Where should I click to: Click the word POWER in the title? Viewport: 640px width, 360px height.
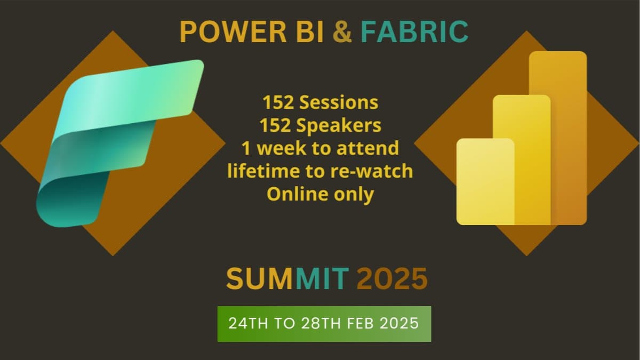coord(233,31)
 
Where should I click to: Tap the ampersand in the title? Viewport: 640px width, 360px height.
coord(342,31)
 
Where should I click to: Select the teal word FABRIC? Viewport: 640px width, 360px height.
coord(414,31)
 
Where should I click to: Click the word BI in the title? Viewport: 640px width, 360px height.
coord(310,31)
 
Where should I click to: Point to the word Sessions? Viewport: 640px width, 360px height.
coord(339,102)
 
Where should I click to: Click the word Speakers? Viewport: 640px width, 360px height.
coord(339,125)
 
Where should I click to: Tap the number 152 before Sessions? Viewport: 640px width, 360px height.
coord(278,102)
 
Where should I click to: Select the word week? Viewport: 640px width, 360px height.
coord(282,148)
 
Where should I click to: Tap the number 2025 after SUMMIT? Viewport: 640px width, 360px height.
coord(392,278)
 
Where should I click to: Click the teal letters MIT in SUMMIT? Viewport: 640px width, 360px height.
coord(322,278)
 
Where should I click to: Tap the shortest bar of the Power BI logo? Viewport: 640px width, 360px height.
coord(485,181)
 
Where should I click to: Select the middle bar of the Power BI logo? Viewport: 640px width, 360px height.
coord(522,160)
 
